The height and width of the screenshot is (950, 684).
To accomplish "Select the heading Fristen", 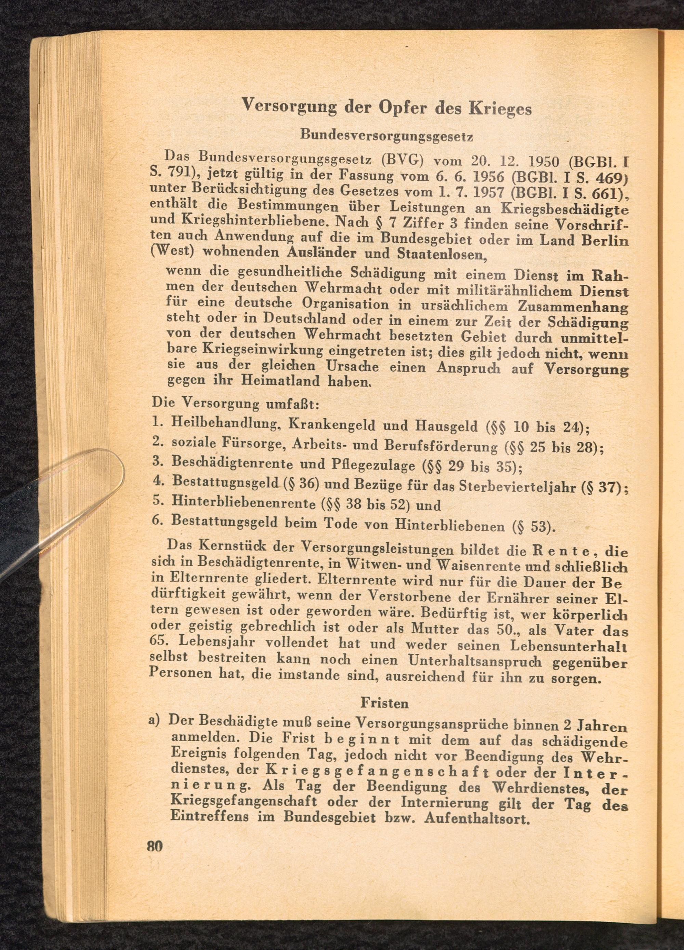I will point(384,703).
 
